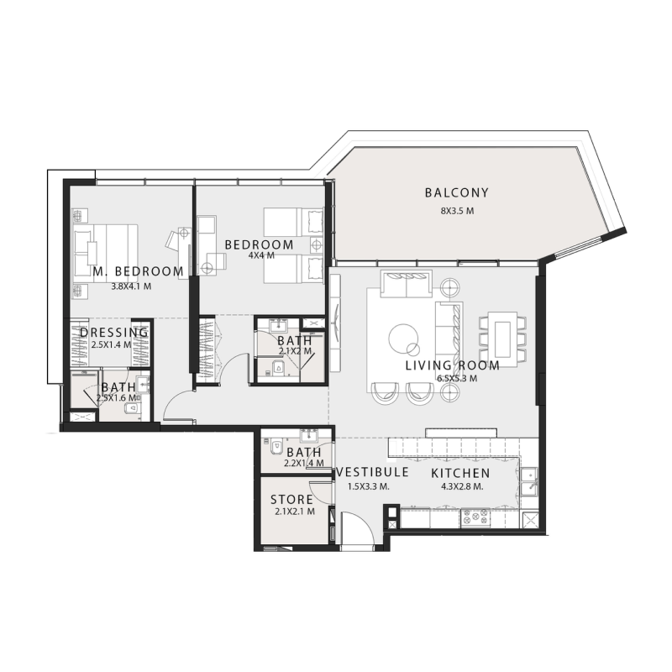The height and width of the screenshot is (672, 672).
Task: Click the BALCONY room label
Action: point(456,193)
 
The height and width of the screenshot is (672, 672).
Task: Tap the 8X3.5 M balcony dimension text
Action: point(456,211)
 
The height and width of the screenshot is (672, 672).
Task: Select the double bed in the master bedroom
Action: point(105,249)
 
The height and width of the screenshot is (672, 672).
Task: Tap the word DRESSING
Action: point(114,333)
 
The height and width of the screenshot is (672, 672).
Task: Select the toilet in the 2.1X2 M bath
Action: point(274,366)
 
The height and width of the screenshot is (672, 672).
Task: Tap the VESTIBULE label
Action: point(371,473)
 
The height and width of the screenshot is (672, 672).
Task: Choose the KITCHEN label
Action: point(459,473)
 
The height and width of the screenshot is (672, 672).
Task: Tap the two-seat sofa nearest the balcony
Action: point(407,286)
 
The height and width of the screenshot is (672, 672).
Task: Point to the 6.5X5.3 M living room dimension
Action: point(457,379)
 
